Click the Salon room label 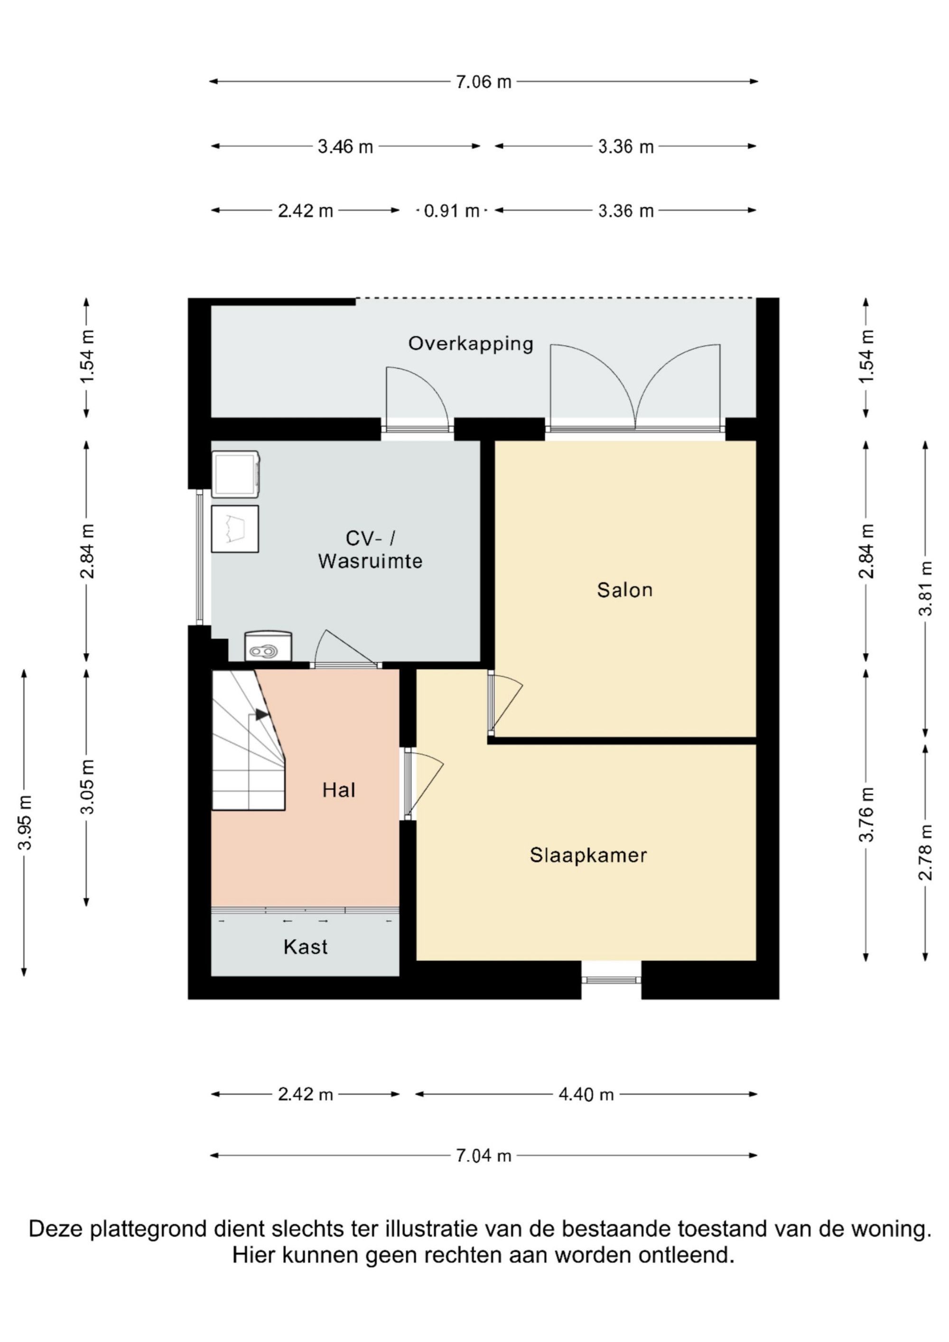(x=624, y=590)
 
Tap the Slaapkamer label (x=588, y=856)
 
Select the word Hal (x=338, y=790)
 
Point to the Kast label (x=305, y=947)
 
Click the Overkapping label (x=471, y=343)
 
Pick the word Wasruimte (x=370, y=561)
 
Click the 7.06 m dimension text (x=484, y=82)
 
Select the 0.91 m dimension (x=451, y=211)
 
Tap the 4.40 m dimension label (x=586, y=1094)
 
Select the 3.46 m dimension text (x=345, y=146)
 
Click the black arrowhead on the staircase (x=261, y=714)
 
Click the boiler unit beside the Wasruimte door (x=268, y=646)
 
